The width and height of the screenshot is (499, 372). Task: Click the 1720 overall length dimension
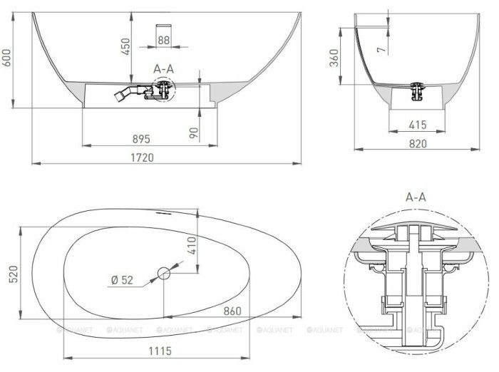point(145,157)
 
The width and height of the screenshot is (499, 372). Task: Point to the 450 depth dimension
point(125,46)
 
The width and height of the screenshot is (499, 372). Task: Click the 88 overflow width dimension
point(163,41)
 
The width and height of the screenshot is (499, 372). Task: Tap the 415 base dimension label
point(418,125)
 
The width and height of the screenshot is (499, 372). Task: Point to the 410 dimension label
point(191,246)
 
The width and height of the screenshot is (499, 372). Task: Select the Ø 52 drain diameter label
point(122,280)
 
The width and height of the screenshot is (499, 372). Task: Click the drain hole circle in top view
point(164,272)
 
